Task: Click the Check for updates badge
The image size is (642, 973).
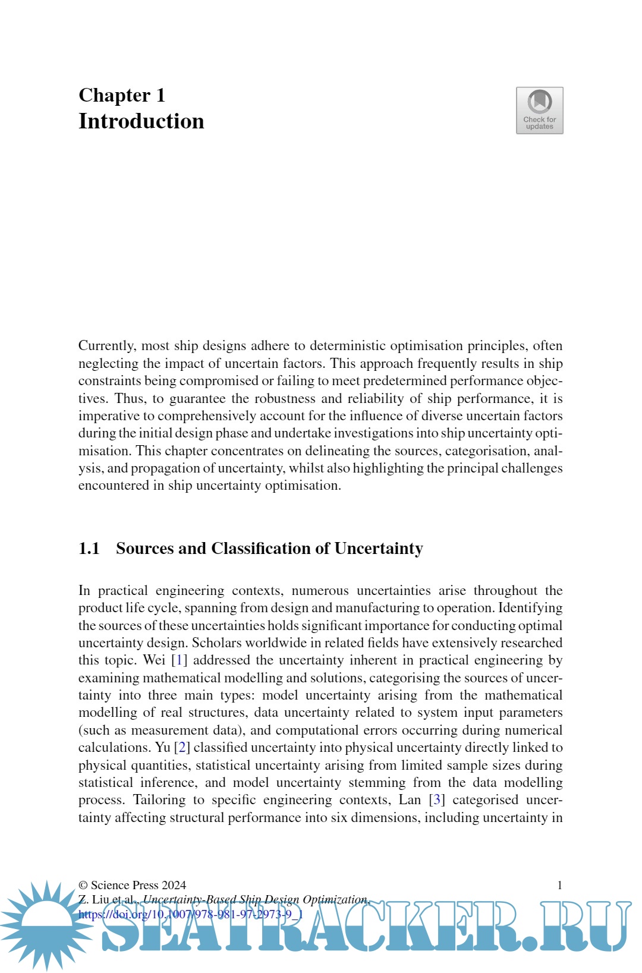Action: point(539,111)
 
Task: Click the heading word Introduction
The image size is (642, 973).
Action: point(141,121)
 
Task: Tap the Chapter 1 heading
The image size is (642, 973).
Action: point(122,95)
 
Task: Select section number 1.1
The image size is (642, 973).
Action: point(89,549)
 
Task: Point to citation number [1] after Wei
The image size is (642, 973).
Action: point(179,660)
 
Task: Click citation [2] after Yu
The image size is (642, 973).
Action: point(182,748)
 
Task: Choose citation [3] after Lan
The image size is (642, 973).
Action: point(437,800)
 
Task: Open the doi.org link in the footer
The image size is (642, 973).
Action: point(190,914)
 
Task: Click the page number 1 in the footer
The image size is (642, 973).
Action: point(559,886)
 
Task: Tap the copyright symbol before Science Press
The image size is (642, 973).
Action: point(83,886)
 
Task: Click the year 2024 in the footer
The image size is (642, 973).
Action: point(174,886)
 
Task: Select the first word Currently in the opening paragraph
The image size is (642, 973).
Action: point(106,346)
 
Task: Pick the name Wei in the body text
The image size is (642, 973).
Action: point(154,660)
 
